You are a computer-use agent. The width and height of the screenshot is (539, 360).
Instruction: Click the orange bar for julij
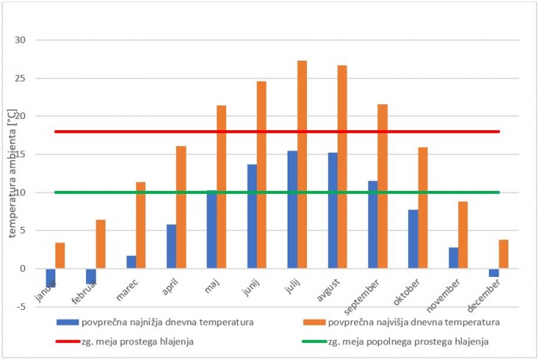pos(302,165)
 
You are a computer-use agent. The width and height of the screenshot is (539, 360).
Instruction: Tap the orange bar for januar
pos(60,255)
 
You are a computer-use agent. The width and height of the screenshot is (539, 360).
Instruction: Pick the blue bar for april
pos(171,246)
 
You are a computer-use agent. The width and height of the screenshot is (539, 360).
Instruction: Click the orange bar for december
pos(504,254)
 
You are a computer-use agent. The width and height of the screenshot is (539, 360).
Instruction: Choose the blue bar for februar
pos(91,276)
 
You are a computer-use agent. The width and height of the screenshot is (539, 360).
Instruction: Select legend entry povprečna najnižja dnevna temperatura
pos(156,323)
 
